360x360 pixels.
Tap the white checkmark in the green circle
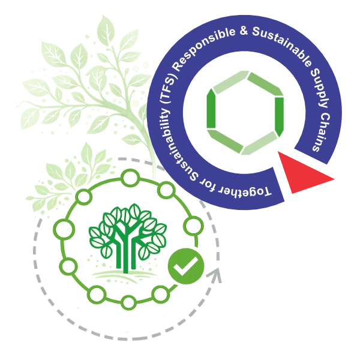(185, 266)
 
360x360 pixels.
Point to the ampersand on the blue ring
(244, 31)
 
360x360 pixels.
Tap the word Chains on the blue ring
(322, 133)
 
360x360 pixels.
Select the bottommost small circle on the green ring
(128, 302)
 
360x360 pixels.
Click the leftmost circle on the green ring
(64, 229)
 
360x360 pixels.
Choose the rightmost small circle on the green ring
(194, 226)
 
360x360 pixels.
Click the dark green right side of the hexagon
(280, 116)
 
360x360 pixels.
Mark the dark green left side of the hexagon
(211, 109)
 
